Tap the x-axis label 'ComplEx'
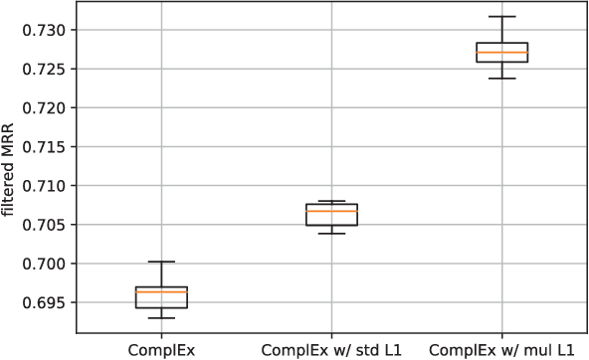click(x=161, y=350)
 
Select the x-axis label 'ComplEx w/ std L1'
click(x=332, y=350)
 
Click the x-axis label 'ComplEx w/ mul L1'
click(x=502, y=350)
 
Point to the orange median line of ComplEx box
click(x=161, y=291)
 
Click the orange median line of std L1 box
click(x=332, y=211)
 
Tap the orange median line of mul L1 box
click(x=502, y=52)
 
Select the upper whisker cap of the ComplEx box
click(x=161, y=262)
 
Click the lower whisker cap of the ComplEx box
click(x=161, y=318)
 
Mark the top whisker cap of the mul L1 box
click(x=502, y=17)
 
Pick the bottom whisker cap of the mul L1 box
click(x=502, y=78)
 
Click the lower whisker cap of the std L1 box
click(x=332, y=233)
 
